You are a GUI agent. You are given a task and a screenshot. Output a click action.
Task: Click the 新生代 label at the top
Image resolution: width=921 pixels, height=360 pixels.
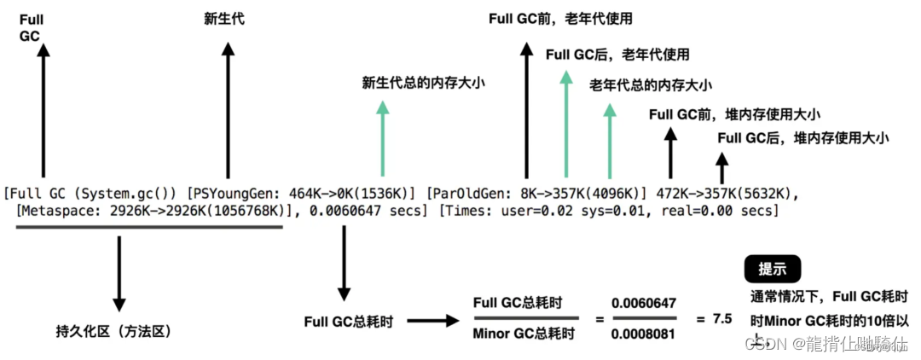tap(224, 19)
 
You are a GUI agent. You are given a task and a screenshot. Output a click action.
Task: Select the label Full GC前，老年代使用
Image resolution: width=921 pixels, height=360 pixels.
tap(560, 19)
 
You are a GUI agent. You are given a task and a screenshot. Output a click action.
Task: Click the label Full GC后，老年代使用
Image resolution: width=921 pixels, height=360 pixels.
tap(617, 55)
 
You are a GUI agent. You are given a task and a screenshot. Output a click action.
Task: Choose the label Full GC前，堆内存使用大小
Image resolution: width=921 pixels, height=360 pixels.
tap(734, 113)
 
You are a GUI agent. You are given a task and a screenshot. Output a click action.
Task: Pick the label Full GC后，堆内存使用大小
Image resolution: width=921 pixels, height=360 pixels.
tap(803, 137)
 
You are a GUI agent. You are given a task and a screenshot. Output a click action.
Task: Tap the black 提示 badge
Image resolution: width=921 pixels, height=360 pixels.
tap(772, 270)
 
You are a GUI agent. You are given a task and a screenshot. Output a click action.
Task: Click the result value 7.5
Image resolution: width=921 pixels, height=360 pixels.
tap(722, 318)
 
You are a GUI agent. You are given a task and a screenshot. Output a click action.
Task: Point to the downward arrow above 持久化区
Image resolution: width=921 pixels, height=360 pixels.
tap(119, 272)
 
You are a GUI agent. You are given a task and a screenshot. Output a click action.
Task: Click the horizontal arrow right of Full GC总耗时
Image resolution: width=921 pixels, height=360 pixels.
tap(434, 322)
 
